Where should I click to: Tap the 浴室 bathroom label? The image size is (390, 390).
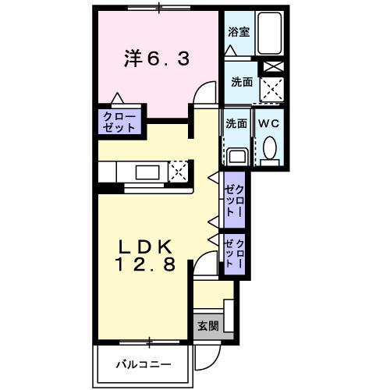(x=238, y=33)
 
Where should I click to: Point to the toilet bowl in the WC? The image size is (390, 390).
(x=269, y=147)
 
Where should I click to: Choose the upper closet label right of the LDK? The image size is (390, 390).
(x=234, y=200)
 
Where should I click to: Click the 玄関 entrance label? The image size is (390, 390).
(x=207, y=325)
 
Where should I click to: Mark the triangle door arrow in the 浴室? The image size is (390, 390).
(x=230, y=50)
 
